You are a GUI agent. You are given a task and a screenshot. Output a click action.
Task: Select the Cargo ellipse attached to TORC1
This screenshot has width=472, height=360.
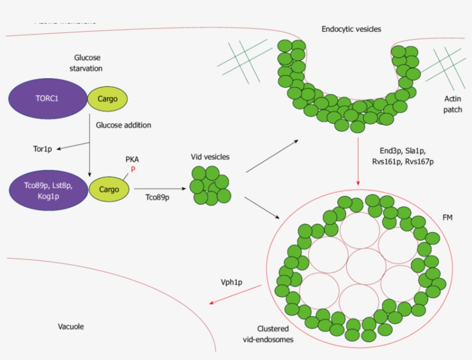[107, 98]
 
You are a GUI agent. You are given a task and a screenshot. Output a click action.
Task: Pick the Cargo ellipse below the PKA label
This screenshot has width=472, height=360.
[109, 189]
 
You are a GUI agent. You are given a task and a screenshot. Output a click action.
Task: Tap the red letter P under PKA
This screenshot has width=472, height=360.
[131, 170]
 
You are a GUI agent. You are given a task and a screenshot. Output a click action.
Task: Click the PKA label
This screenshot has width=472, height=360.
[132, 160]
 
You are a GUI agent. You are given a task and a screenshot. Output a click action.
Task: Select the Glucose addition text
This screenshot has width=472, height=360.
[123, 124]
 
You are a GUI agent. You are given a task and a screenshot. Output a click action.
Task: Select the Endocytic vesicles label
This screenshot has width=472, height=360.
[351, 29]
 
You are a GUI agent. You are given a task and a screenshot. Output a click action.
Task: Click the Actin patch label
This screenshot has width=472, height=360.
[452, 104]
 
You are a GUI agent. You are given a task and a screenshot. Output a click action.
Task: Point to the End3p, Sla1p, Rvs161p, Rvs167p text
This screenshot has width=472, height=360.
[403, 156]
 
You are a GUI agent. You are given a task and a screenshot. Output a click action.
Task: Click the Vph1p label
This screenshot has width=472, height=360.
[231, 282]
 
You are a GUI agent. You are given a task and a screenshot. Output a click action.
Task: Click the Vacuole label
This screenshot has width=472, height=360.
[71, 327]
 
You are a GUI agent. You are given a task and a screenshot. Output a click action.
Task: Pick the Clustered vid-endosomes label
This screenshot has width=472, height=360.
[268, 334]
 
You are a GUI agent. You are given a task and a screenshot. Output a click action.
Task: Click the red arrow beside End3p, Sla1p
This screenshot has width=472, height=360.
[359, 161]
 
